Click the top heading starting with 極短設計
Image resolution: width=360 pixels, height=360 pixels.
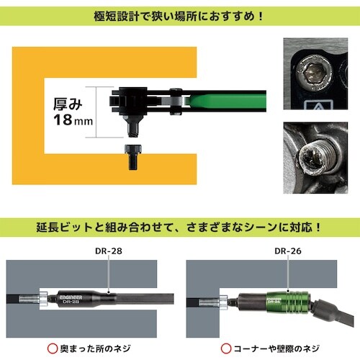click(x=180, y=14)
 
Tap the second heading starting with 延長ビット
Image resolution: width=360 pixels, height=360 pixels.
click(x=180, y=225)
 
